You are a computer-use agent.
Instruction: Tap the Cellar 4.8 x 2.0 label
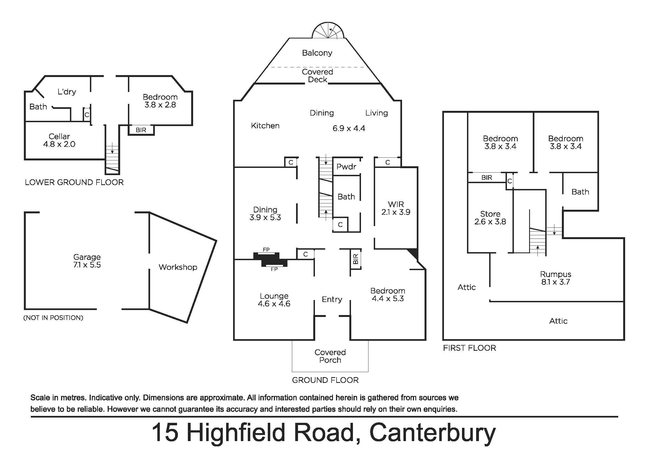coord(59,140)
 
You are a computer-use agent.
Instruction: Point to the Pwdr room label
coord(346,167)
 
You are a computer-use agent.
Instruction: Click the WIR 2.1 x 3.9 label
coord(396,208)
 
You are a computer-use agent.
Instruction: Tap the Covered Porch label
coord(330,356)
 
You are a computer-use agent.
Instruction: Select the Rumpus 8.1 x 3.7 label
coord(555,278)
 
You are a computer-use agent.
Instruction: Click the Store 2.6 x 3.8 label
coord(490,218)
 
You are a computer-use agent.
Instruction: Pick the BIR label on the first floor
coord(487,178)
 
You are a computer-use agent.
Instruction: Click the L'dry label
coord(67,92)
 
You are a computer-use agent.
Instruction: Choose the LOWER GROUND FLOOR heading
coord(74,182)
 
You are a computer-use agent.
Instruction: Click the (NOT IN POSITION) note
coord(53,318)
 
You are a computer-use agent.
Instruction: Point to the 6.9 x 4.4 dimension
coord(349,128)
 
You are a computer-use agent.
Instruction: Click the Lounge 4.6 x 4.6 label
coord(274,300)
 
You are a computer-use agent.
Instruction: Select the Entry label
coord(332,299)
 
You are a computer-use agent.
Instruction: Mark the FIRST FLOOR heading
coord(469,348)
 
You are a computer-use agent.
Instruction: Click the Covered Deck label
coord(317,76)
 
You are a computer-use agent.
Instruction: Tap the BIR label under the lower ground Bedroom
coord(141,130)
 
